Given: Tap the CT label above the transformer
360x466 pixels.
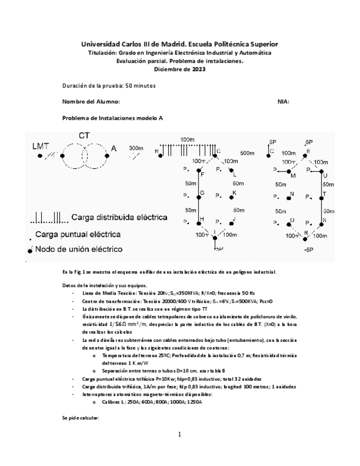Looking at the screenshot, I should coord(84,135).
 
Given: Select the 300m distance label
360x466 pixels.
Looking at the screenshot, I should coord(136,148).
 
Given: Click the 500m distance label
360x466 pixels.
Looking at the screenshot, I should coord(247,153).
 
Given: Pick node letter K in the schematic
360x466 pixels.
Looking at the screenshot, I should coord(234,193).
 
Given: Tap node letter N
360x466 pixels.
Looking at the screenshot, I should coord(292,194).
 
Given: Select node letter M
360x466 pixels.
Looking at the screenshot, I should coord(293,176).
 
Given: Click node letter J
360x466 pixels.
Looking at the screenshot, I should coord(234,219).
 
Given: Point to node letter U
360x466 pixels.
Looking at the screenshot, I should coord(325,175).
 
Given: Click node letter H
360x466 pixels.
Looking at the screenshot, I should coord(202,219).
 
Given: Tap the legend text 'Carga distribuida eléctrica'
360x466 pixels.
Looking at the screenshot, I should coord(119,217).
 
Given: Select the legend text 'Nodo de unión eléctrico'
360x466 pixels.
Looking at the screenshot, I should coord(79,249).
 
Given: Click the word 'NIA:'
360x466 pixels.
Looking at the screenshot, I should coord(284,102).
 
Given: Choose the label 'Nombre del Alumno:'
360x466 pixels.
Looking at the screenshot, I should coord(91,102).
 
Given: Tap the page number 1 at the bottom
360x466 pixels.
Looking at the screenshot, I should coord(179,435).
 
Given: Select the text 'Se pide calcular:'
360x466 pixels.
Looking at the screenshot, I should coord(80,418).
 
